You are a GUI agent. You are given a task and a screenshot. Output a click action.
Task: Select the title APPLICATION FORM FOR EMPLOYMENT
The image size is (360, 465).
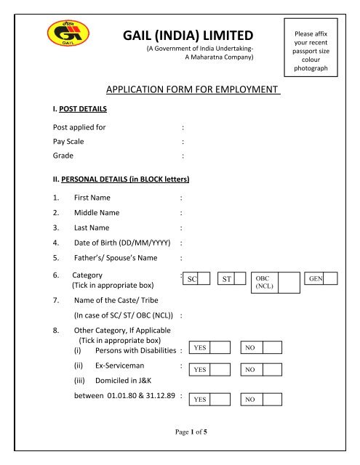click(193, 90)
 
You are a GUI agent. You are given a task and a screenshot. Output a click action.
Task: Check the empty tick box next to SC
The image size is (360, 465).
click(204, 278)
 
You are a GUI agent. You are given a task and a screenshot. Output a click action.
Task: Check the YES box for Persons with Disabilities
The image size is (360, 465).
click(220, 348)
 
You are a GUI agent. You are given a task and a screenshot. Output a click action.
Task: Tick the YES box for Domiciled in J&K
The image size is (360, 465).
click(220, 400)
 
